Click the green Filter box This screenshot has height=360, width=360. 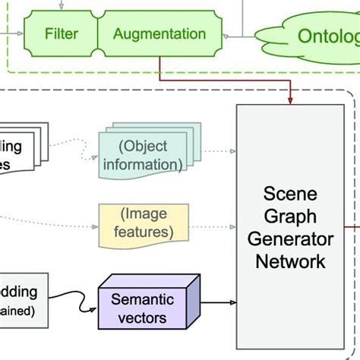click(x=61, y=34)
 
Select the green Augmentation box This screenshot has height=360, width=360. click(x=159, y=34)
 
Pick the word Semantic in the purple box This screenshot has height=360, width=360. click(x=143, y=298)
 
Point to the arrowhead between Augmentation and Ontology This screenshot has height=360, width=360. click(x=226, y=35)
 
